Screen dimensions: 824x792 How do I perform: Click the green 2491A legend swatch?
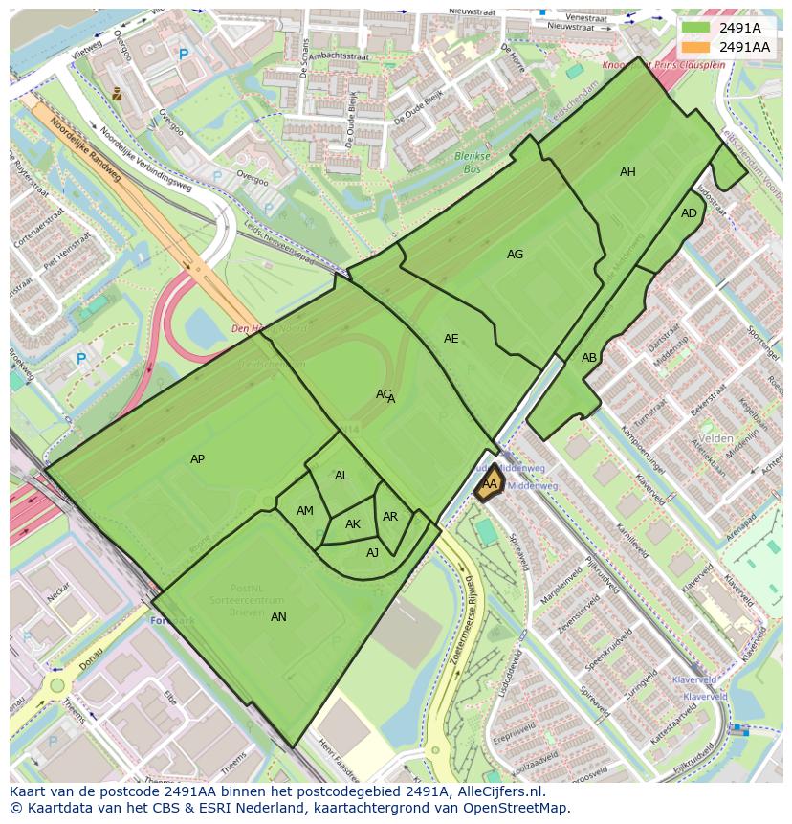point(695,28)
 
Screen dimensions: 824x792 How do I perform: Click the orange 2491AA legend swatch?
point(695,47)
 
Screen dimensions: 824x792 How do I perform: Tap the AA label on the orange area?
point(489,484)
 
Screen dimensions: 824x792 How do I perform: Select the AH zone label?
point(627,172)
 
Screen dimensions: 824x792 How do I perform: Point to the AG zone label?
point(515,255)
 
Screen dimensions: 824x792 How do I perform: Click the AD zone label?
point(689,213)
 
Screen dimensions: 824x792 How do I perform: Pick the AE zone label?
point(451,339)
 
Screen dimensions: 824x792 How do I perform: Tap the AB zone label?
point(589,358)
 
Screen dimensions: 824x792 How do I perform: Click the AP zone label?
point(197,459)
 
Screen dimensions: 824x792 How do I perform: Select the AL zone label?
point(341,476)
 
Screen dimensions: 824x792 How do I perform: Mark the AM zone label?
point(304,511)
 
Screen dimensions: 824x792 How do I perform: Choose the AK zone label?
point(353,524)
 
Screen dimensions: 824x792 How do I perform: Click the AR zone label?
point(390,517)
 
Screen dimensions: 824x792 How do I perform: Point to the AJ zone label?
point(372,552)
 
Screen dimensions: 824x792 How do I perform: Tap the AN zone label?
point(278,617)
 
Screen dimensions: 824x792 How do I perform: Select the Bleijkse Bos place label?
point(471,162)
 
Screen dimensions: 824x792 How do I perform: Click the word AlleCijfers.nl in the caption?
point(497,791)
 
